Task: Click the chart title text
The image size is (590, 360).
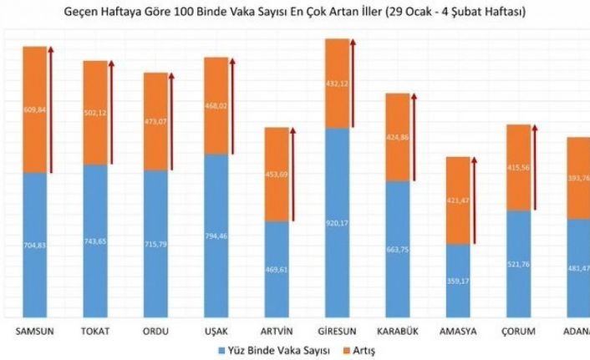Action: pyautogui.click(x=295, y=13)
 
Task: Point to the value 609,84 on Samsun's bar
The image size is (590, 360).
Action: pyautogui.click(x=34, y=109)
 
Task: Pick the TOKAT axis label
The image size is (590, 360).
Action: pyautogui.click(x=95, y=332)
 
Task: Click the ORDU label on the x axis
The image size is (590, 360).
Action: pyautogui.click(x=155, y=332)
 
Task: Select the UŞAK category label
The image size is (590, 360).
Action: pyautogui.click(x=216, y=332)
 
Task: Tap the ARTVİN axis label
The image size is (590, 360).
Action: pyautogui.click(x=277, y=332)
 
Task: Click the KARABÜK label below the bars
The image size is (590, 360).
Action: pyautogui.click(x=398, y=332)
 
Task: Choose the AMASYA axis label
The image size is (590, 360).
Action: pyautogui.click(x=458, y=332)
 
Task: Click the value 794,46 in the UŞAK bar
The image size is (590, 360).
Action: pyautogui.click(x=216, y=236)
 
